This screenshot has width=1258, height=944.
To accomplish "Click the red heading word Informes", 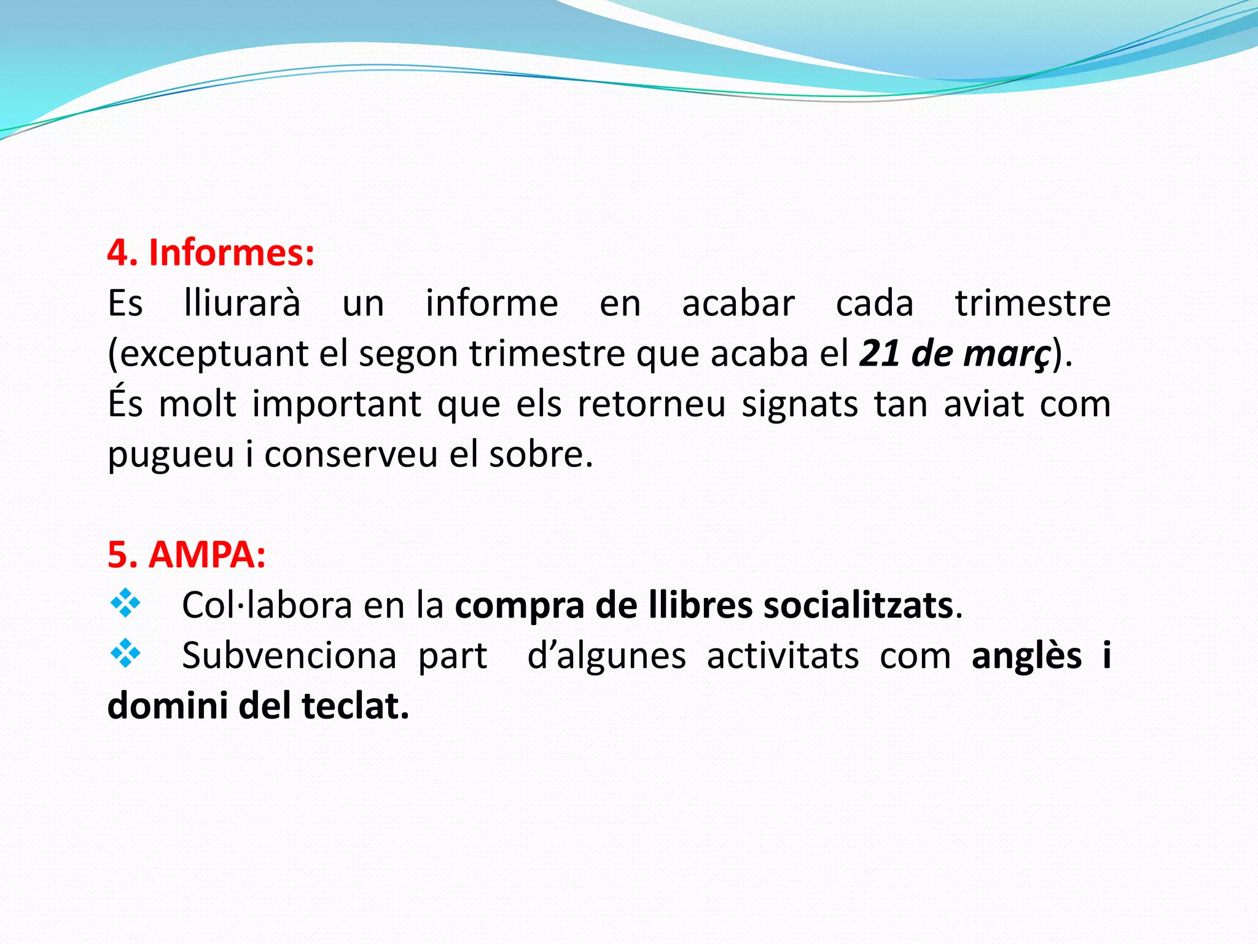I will pos(232,253).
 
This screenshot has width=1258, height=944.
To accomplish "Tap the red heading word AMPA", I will pos(207,555).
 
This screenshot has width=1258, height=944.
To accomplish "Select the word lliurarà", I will pos(242,303).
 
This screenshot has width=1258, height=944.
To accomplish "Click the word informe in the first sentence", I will pos(492,303).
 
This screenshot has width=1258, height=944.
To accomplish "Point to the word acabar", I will pos(738,303).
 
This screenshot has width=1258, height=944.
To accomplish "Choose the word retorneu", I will pos(652,404).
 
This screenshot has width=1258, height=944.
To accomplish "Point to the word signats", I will pos(800,405).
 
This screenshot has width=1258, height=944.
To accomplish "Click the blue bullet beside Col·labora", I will pos(125,604).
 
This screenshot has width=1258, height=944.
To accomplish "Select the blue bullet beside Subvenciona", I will pos(125,654).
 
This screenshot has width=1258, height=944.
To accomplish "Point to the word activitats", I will pos(783,656).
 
